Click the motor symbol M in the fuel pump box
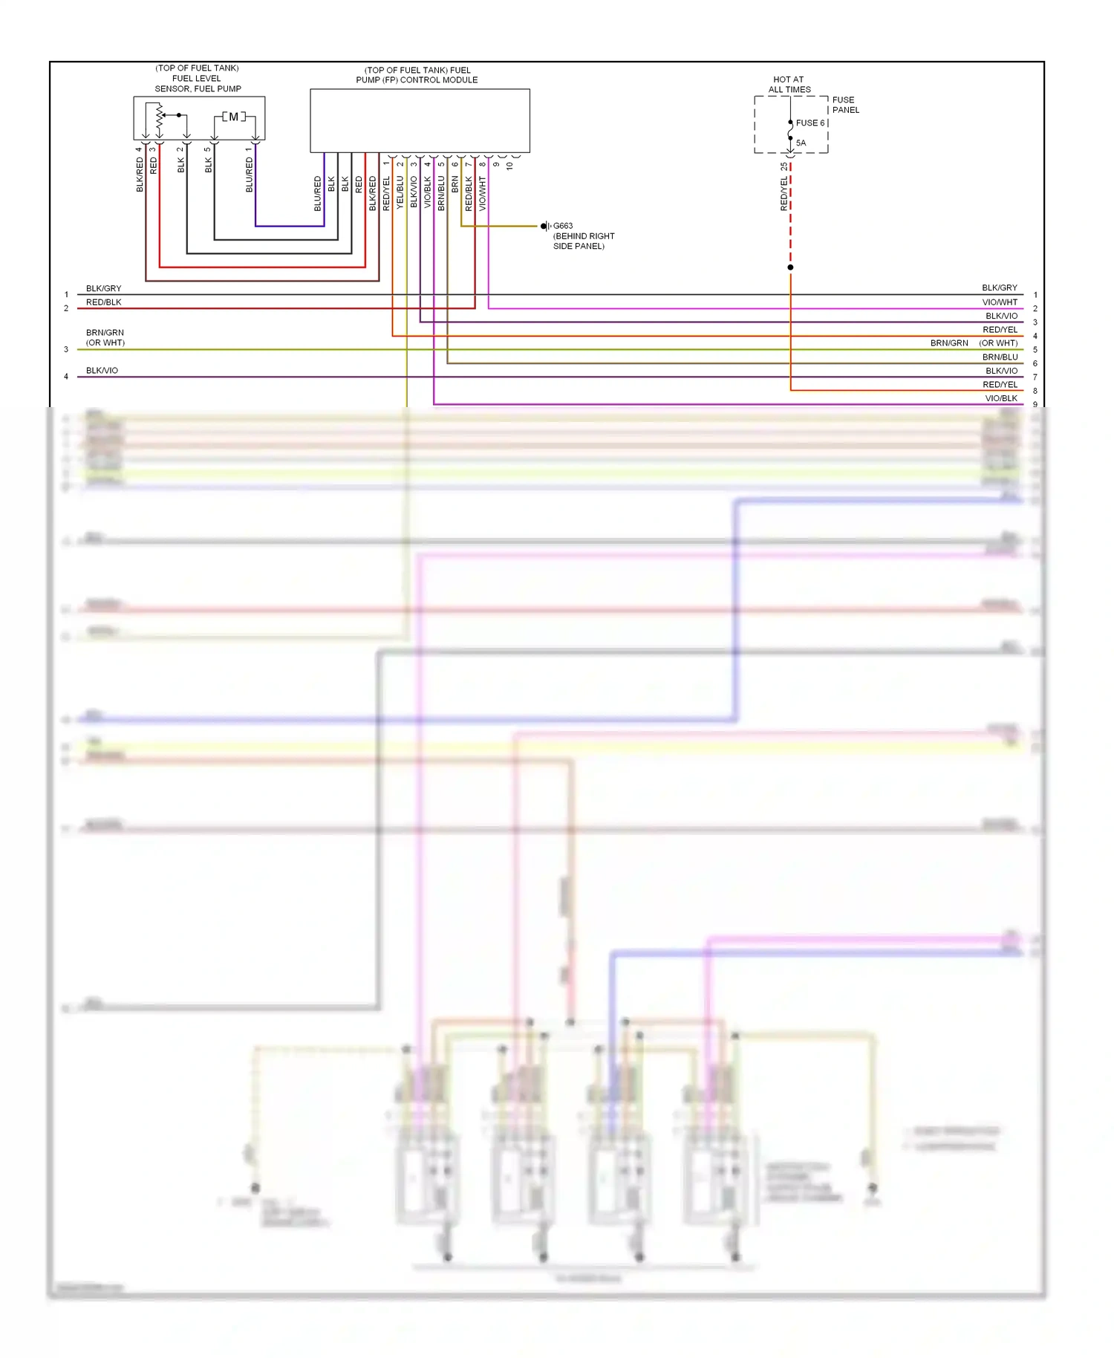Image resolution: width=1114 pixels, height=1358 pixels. point(233,117)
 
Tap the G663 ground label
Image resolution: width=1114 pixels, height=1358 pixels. point(563,226)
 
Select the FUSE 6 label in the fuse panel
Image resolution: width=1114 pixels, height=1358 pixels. point(810,123)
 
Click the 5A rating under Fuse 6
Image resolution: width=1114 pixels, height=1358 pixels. point(801,143)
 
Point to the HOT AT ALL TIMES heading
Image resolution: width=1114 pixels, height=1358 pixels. point(789,84)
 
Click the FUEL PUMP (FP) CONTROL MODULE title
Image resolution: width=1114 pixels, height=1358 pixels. point(417,75)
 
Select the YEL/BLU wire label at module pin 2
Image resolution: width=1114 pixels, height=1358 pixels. point(400,192)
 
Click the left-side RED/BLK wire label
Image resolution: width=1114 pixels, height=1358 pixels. point(103,302)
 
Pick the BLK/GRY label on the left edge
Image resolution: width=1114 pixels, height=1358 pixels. point(103,288)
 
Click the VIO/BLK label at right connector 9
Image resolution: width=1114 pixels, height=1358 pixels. point(1000,398)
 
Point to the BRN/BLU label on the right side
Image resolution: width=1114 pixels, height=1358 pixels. point(1000,357)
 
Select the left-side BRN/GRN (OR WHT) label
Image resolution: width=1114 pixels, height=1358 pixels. point(105,337)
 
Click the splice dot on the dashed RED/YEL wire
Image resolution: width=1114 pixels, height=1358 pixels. point(790,267)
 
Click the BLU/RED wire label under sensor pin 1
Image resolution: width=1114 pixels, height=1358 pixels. point(250,175)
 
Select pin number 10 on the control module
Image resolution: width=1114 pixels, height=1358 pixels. point(509,166)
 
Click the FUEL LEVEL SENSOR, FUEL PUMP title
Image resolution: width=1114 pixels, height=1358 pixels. point(198,78)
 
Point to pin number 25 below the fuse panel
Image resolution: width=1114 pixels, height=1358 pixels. point(784,166)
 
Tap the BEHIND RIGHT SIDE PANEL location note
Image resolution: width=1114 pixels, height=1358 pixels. point(583,241)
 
